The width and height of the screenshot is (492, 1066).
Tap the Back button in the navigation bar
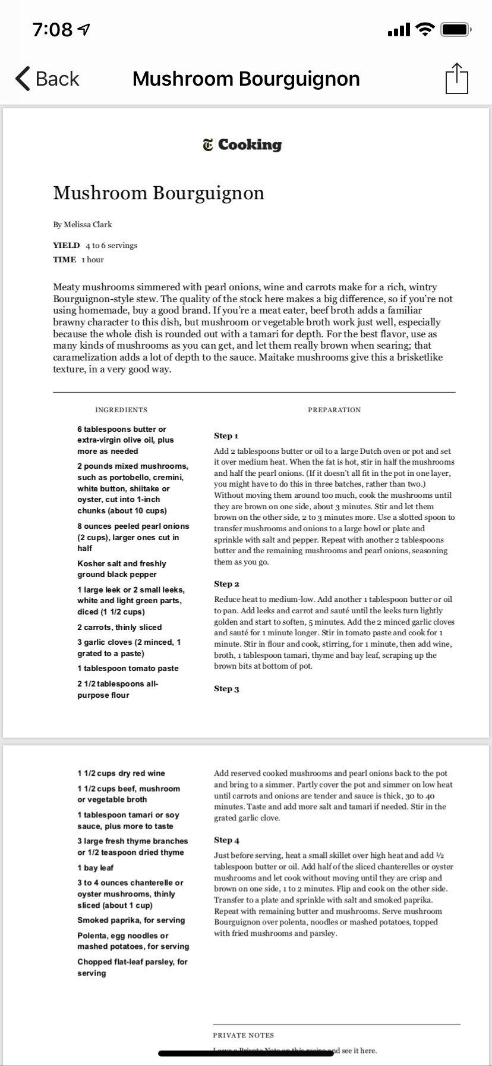[48, 79]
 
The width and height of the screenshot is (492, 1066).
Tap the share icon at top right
[456, 78]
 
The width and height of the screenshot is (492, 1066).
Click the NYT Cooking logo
[242, 145]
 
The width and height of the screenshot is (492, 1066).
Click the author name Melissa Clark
[83, 224]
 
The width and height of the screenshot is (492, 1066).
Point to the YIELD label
[66, 245]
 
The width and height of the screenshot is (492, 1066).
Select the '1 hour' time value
[93, 259]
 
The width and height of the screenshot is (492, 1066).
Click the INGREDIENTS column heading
[121, 410]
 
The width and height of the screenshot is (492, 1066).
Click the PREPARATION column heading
[334, 410]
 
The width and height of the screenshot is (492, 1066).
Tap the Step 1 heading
[226, 436]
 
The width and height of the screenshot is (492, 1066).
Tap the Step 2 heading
[226, 584]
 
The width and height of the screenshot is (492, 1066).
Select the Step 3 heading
[226, 689]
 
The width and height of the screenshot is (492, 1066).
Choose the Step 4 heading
[226, 840]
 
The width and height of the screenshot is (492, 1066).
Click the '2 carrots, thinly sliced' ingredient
[119, 627]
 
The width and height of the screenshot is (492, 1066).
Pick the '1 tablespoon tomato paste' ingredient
[128, 668]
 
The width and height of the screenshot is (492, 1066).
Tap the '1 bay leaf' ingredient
[95, 868]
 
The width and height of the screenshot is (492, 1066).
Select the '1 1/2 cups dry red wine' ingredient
[121, 773]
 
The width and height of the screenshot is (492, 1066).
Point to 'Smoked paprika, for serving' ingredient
[131, 920]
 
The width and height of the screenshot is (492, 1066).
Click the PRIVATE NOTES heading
[244, 1036]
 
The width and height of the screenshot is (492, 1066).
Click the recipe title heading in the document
[159, 193]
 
